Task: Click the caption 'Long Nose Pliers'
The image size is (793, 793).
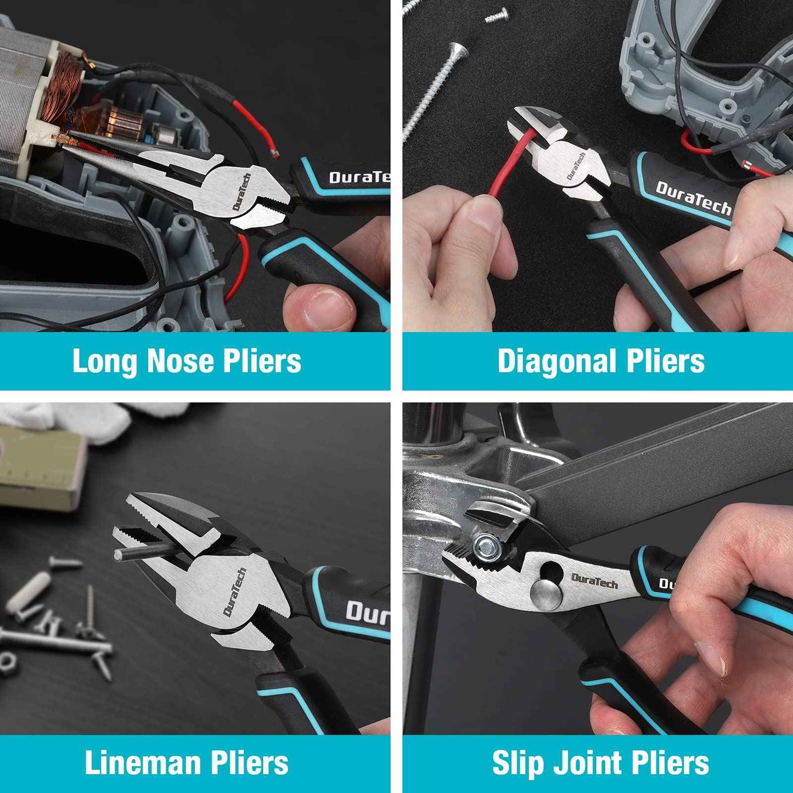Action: [187, 361]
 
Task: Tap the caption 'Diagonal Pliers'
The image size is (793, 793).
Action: [600, 361]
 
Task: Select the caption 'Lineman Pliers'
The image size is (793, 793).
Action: [187, 763]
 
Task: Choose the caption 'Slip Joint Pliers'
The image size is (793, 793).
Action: [600, 763]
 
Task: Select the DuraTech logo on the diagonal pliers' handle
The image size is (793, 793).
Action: [694, 198]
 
